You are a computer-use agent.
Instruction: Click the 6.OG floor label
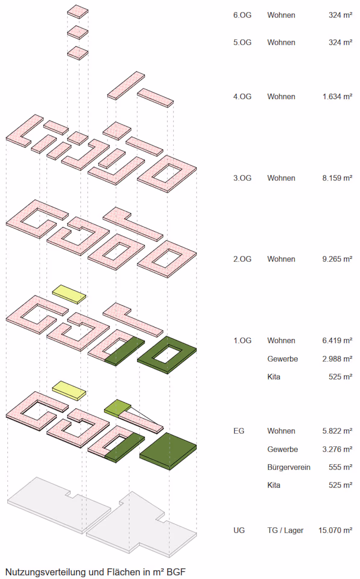[x=242, y=15]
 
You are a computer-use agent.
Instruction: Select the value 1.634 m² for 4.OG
[x=337, y=96]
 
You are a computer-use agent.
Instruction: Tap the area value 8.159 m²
[x=337, y=178]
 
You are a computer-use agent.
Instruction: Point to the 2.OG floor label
[x=242, y=259]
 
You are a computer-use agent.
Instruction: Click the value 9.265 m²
[x=337, y=259]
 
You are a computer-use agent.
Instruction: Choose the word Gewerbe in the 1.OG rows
[x=282, y=359]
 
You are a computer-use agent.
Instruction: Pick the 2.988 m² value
[x=337, y=359]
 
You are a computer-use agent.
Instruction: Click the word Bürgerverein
[x=288, y=467]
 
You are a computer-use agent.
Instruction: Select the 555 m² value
[x=340, y=467]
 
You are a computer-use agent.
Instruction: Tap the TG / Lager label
[x=285, y=530]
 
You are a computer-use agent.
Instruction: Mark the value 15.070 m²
[x=335, y=530]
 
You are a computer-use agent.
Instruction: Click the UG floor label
[x=239, y=530]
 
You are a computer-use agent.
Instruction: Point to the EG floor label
[x=239, y=431]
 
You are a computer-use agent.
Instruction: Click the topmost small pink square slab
[x=78, y=11]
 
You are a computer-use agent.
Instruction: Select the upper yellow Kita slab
[x=69, y=293]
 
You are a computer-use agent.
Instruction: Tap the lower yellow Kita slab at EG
[x=69, y=390]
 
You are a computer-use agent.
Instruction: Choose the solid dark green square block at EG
[x=168, y=449]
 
